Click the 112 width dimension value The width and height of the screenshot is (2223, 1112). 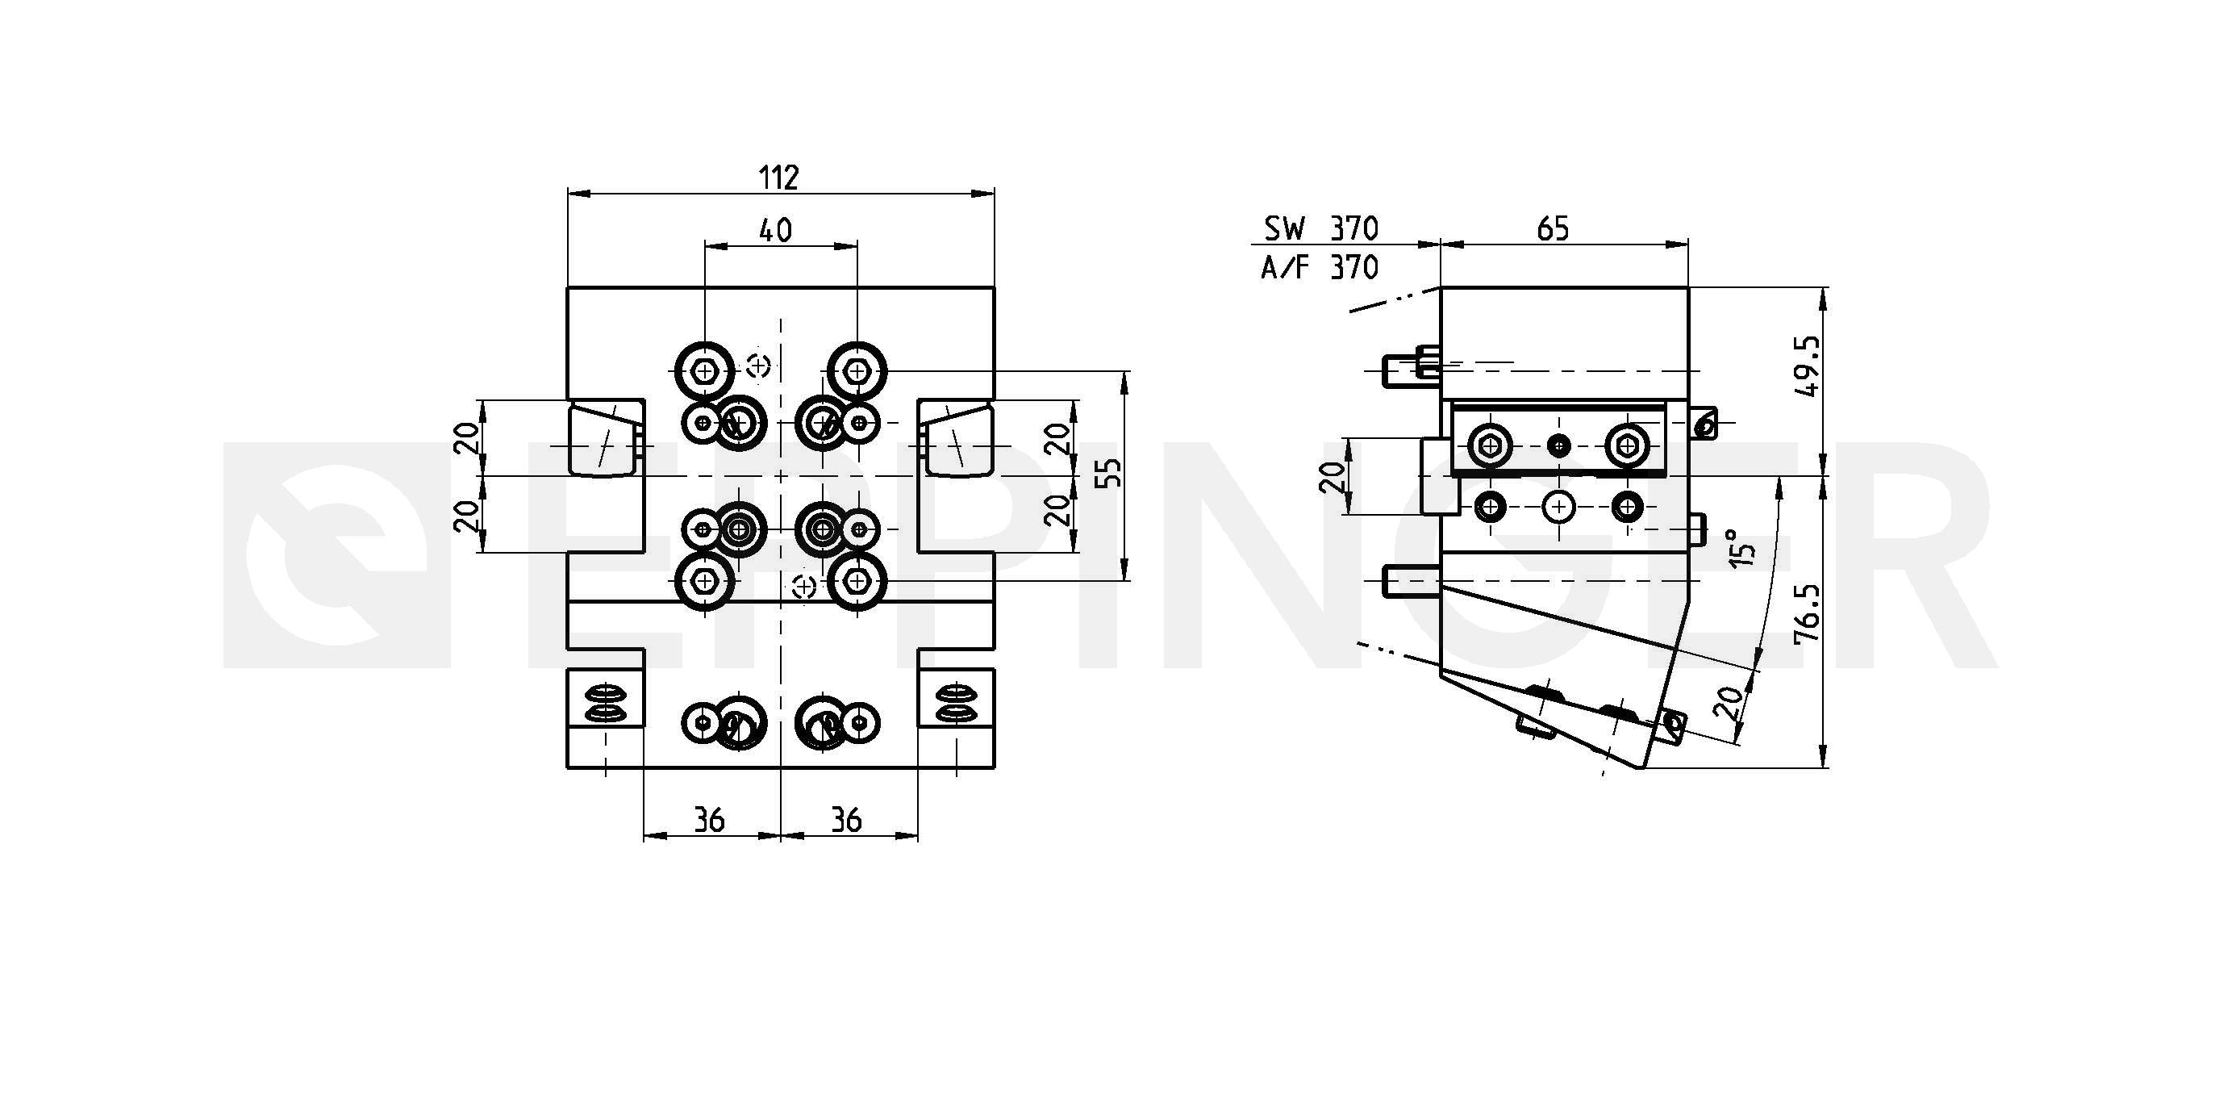(779, 177)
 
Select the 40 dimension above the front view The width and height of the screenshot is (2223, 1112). (775, 231)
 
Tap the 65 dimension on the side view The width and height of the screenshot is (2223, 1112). (1553, 229)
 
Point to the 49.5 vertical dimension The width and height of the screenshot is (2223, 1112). (1808, 366)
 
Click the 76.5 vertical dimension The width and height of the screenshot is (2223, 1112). (1808, 612)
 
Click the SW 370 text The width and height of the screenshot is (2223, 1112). (1321, 229)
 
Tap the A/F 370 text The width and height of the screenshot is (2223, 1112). (1320, 268)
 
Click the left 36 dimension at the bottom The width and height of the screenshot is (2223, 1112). (709, 820)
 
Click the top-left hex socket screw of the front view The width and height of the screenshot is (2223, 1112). (706, 371)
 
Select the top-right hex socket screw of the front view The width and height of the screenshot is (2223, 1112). (857, 371)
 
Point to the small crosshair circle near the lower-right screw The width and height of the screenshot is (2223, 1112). (804, 586)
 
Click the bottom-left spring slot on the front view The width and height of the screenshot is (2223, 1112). (606, 703)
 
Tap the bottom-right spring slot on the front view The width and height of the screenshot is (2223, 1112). (956, 703)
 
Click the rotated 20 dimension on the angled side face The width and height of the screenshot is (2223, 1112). (1728, 703)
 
